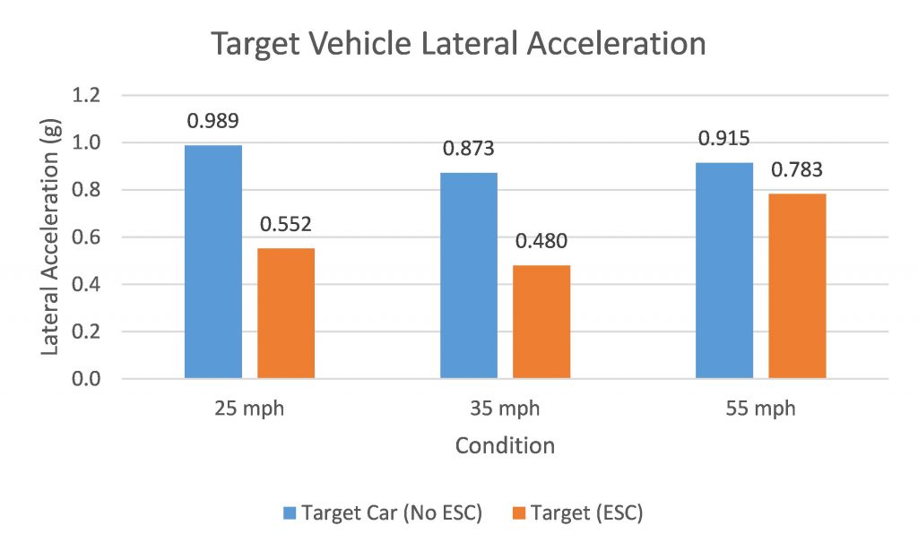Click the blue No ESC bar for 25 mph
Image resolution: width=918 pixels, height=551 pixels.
click(213, 262)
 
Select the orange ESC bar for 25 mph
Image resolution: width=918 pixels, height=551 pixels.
click(286, 314)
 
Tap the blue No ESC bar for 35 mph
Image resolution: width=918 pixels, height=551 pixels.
click(469, 276)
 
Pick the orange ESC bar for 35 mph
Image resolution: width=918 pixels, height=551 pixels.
click(541, 323)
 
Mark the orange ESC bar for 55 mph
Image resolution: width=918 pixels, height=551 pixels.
click(797, 287)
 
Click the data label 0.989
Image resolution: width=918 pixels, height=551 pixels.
click(212, 121)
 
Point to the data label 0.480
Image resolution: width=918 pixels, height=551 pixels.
click(541, 242)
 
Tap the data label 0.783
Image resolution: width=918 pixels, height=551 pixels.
click(797, 169)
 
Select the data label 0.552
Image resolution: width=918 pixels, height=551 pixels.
click(286, 224)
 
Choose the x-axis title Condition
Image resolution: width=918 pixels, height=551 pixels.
click(504, 444)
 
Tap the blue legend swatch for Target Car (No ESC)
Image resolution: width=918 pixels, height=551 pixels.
click(290, 513)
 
